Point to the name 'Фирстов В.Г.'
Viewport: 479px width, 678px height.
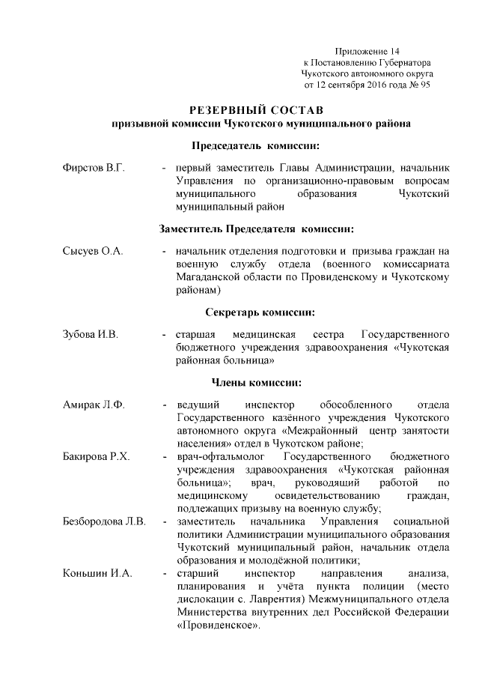(93, 168)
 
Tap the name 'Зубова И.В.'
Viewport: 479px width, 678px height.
(90, 333)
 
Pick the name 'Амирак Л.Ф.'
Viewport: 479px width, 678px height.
(94, 405)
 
